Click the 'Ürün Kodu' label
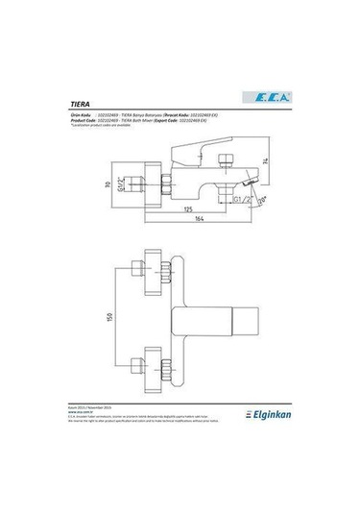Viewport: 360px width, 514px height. point(85,112)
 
